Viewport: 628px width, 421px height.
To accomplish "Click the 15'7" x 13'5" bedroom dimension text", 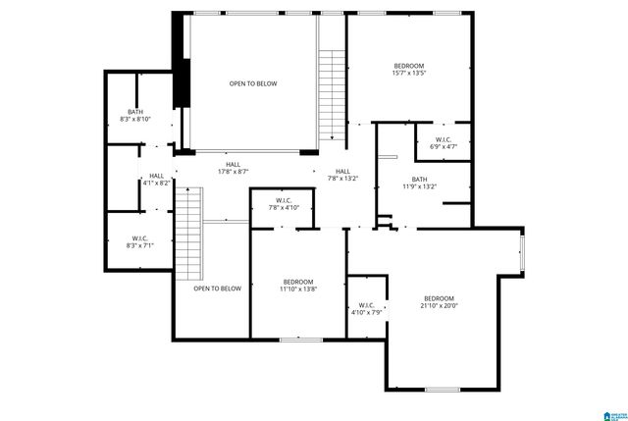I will [x=408, y=72].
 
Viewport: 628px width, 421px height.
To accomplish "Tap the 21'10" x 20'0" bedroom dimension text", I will [x=441, y=305].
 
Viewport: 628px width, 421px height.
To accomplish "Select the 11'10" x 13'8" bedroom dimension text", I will [x=296, y=289].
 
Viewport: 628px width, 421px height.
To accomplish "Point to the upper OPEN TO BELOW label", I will [x=253, y=83].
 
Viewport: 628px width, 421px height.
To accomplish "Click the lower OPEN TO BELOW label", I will [x=217, y=289].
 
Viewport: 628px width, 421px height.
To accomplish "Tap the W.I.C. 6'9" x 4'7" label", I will [x=444, y=143].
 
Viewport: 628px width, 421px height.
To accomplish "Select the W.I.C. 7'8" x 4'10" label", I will [x=283, y=204].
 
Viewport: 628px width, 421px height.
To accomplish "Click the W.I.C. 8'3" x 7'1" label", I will [x=139, y=242].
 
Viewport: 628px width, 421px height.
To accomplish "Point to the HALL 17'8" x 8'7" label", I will [x=233, y=168].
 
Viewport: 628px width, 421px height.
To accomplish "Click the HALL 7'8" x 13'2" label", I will [x=342, y=175].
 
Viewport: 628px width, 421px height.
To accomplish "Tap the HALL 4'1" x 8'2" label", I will [x=157, y=180].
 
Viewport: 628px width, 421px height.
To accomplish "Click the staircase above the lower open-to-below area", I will [x=188, y=235].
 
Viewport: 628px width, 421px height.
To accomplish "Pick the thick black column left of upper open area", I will [x=181, y=82].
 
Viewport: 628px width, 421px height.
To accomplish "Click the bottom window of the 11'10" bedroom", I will [x=301, y=340].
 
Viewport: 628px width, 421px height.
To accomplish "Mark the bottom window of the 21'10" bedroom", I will [x=443, y=390].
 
